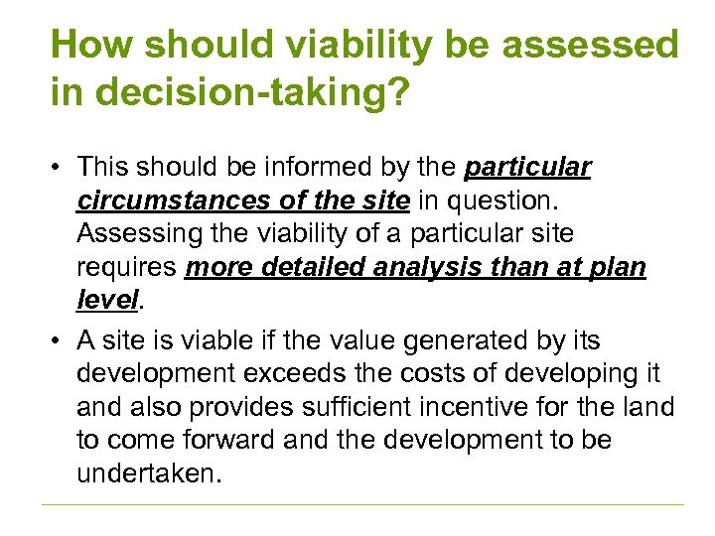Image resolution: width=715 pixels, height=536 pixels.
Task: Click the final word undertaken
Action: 145,473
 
